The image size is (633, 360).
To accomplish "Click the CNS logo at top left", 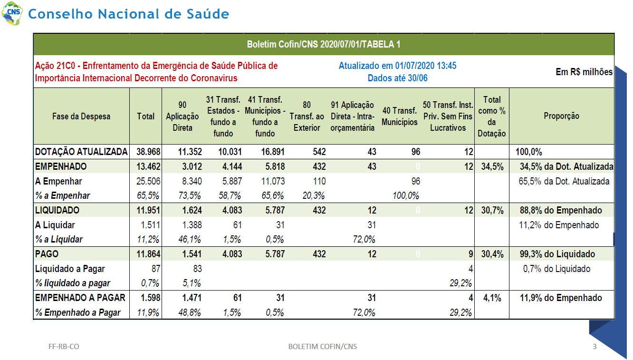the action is pos(12,13).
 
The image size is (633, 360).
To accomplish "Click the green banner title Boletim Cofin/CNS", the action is pos(324,44).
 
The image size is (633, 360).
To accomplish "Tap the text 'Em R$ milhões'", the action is pos(584,72).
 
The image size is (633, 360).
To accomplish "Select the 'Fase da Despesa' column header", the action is pos(81,116).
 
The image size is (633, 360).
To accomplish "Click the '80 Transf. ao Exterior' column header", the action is pos(307,116).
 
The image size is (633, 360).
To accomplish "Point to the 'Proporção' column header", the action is pos(562,116).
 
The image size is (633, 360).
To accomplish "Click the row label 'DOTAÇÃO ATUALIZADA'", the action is pos(81,152).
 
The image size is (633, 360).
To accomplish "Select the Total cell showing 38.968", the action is pos(148,152).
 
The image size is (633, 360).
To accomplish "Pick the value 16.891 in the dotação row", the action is pos(273,152).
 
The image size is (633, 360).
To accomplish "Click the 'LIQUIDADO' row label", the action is pos(58,210).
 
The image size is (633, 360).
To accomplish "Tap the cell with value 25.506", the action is pos(148,181).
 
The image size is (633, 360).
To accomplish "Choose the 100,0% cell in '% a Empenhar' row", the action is pos(406,196).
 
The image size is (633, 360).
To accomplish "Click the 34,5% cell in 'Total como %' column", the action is pos(492,166).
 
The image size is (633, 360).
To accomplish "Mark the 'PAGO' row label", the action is pos(47,254).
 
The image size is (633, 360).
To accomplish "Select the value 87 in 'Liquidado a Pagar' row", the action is pos(156,269).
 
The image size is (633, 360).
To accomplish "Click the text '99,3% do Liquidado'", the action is pos(557,254).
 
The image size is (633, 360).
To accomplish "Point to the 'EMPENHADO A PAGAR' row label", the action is pos(80,298).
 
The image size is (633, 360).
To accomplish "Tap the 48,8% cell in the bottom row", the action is pos(189,312).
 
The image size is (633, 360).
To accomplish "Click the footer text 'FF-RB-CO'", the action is pos(64,346).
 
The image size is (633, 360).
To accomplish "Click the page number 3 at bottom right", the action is pos(595,346).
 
